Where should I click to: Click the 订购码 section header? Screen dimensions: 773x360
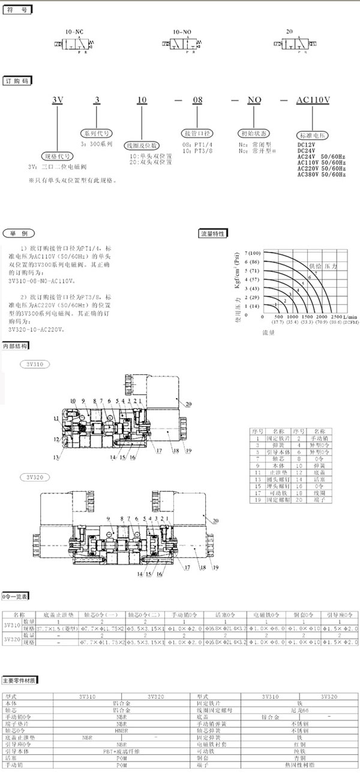(16, 80)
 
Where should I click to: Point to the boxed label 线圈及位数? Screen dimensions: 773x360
(141, 145)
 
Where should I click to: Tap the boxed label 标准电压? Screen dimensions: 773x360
(312, 136)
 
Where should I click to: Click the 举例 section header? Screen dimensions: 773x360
(16, 233)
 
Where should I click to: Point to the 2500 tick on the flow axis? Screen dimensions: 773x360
(337, 316)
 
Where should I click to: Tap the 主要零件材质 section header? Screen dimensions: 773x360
(20, 680)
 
